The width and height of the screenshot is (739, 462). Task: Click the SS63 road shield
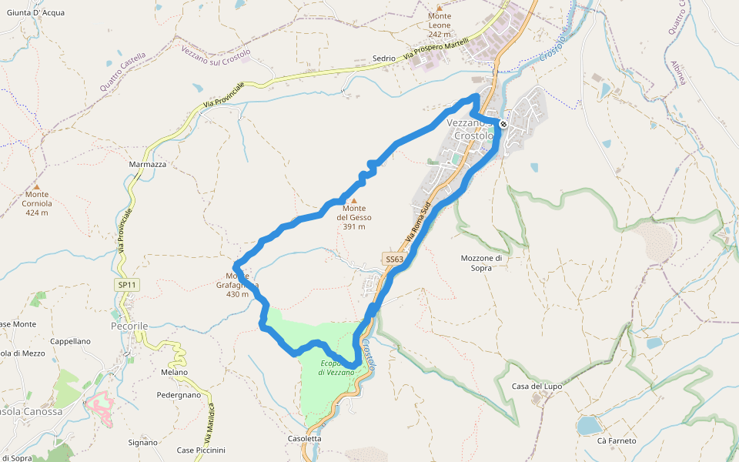[x=394, y=259]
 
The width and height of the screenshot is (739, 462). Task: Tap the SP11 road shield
[x=127, y=285]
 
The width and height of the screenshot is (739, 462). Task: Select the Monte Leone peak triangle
[x=440, y=7]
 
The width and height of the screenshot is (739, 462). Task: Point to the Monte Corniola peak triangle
[x=36, y=186]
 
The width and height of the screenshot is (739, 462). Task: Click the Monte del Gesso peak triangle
[x=354, y=200]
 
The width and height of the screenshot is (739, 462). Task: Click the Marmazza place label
[x=148, y=165]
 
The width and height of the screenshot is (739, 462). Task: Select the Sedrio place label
[x=383, y=59]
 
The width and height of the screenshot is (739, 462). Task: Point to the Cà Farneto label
[x=617, y=440]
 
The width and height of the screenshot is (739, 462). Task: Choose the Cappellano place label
[x=70, y=341]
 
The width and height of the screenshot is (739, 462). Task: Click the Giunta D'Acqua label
[x=35, y=12]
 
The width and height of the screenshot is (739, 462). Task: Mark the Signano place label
[x=142, y=443]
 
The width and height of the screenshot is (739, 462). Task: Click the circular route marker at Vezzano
[x=503, y=124]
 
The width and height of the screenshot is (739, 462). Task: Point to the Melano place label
[x=175, y=373]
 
